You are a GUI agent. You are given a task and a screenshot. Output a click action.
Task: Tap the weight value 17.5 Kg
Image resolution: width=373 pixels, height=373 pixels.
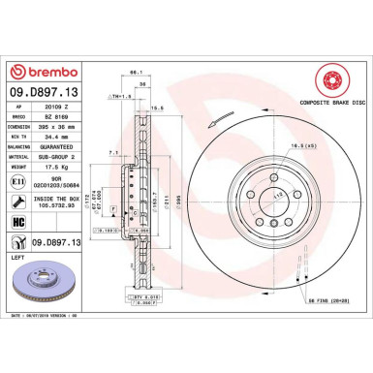63,167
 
